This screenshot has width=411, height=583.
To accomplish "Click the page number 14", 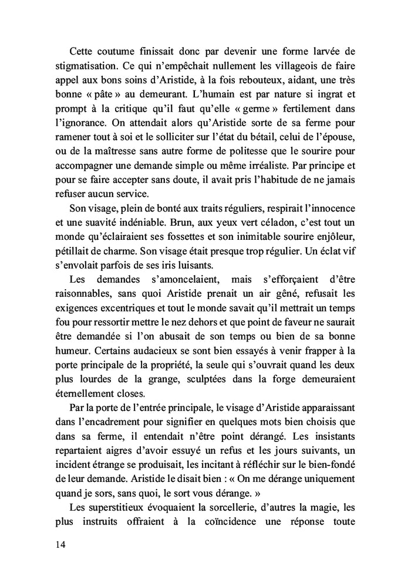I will point(58,545).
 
